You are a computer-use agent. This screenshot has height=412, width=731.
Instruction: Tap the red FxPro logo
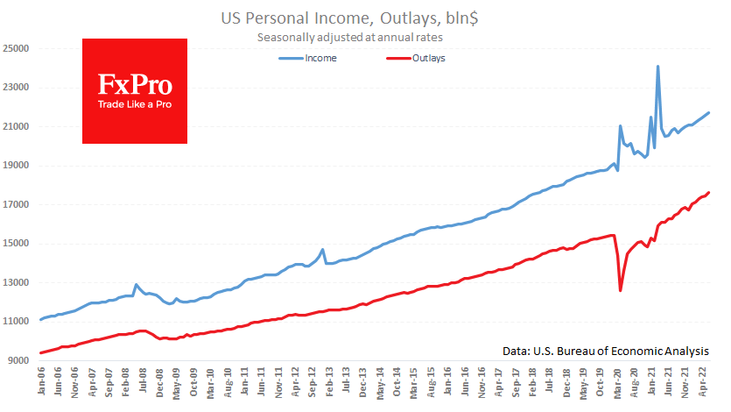point(134,91)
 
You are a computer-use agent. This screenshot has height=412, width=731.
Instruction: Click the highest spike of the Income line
point(657,67)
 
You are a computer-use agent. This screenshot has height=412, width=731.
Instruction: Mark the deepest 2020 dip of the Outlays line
point(620,290)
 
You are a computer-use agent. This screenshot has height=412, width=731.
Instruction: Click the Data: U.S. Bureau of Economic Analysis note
point(606,351)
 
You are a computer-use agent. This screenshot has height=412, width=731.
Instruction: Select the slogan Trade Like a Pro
point(134,105)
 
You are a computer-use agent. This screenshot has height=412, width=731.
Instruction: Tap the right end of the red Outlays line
point(708,192)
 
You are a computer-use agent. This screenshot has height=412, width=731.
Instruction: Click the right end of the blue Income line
point(708,112)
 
